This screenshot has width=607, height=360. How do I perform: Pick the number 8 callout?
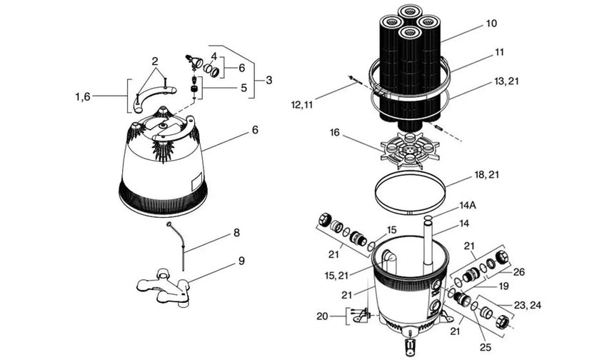(x=236, y=233)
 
